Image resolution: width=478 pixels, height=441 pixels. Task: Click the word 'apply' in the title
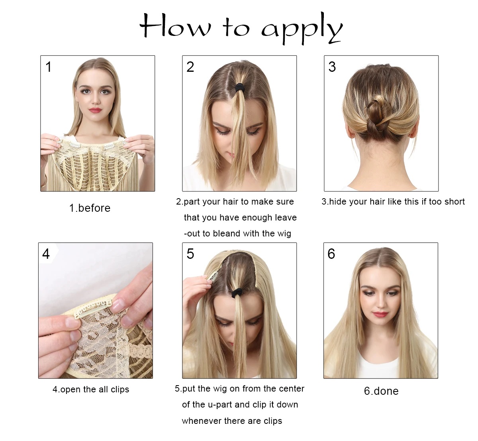coord(302,29)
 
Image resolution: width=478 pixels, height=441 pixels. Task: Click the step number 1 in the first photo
coord(49,67)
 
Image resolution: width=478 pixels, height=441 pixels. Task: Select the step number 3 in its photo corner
coord(332,67)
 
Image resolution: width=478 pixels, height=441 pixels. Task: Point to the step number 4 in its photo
coord(46,254)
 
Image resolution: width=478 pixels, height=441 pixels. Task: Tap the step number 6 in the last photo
coord(331,254)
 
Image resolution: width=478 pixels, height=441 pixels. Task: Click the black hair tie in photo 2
coord(239,87)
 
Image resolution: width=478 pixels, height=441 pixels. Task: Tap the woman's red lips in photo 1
coord(95,110)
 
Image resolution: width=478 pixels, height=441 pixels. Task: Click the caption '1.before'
coord(90,208)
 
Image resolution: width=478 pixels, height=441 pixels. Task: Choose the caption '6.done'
coord(381,391)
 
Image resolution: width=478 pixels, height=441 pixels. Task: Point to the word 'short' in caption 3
coord(454,202)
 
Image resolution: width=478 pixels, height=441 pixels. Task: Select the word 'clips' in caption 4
coord(120,390)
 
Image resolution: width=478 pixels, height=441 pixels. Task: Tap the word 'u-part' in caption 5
coord(220,405)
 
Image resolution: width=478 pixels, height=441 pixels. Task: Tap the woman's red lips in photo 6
coord(380,314)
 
